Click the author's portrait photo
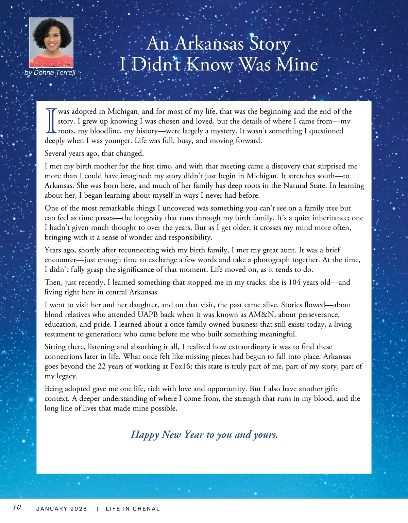click(51, 42)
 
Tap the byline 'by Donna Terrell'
click(50, 72)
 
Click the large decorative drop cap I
click(51, 121)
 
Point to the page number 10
click(17, 507)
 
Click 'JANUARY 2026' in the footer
click(62, 509)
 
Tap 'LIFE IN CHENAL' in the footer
click(133, 509)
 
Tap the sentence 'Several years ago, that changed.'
click(94, 154)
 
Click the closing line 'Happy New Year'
click(204, 434)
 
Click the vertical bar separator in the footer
click(98, 509)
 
